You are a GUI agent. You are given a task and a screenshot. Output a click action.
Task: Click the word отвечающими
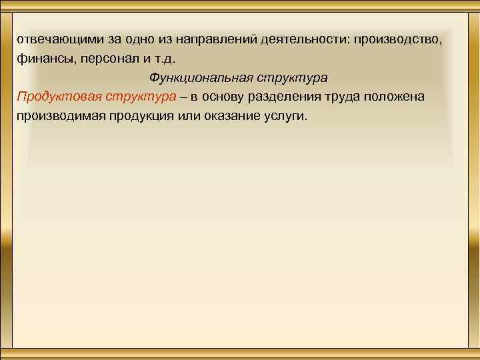[57, 39]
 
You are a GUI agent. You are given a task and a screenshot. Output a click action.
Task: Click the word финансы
[43, 58]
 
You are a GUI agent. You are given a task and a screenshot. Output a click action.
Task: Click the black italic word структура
[290, 77]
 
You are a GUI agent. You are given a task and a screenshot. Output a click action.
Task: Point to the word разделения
[297, 97]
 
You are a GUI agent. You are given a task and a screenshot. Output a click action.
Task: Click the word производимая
[60, 116]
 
